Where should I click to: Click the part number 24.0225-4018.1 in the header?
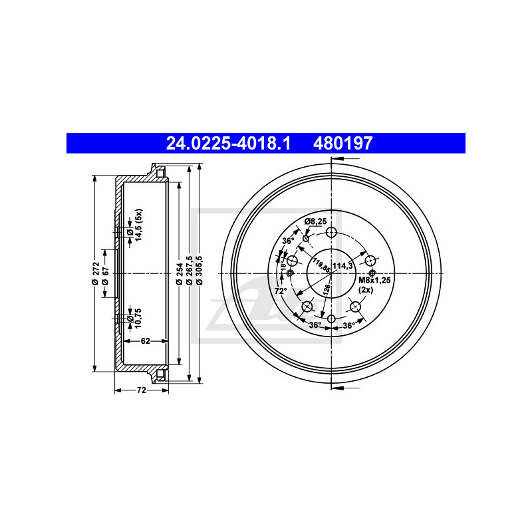coord(228,143)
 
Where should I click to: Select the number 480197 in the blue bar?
coord(342,143)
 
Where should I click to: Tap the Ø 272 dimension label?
coord(96,273)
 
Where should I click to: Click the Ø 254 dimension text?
coord(180,273)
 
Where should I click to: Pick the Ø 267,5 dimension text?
coord(190,271)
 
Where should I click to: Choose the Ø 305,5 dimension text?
coord(199,271)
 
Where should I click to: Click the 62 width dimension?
coord(145,340)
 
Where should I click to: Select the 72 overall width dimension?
coord(141,390)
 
